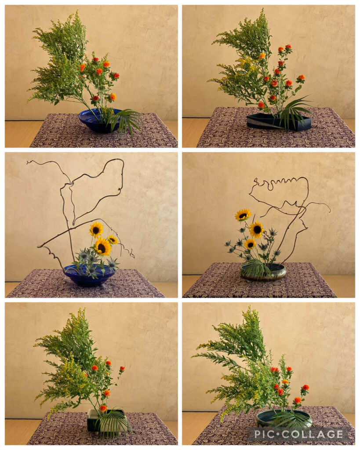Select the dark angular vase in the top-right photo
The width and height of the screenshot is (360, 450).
click(x=279, y=122)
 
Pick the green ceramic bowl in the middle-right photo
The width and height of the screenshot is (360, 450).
click(x=263, y=272)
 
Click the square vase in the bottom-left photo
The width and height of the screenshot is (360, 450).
click(x=107, y=420)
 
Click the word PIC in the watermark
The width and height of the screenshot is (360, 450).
click(x=265, y=434)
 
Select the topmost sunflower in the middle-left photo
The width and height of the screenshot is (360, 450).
click(x=96, y=229)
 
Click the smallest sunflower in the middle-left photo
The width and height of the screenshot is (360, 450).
click(x=113, y=240)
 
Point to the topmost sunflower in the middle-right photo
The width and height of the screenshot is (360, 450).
click(x=243, y=215)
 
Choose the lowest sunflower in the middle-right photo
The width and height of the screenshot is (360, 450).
click(x=250, y=244)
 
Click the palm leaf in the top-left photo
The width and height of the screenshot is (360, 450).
click(x=124, y=120)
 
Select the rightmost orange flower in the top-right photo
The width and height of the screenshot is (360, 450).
click(x=301, y=77)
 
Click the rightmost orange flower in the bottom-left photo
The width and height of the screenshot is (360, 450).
click(x=122, y=369)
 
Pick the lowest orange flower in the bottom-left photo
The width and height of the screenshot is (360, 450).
click(x=103, y=407)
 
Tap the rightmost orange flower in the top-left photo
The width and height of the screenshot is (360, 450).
click(x=116, y=76)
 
